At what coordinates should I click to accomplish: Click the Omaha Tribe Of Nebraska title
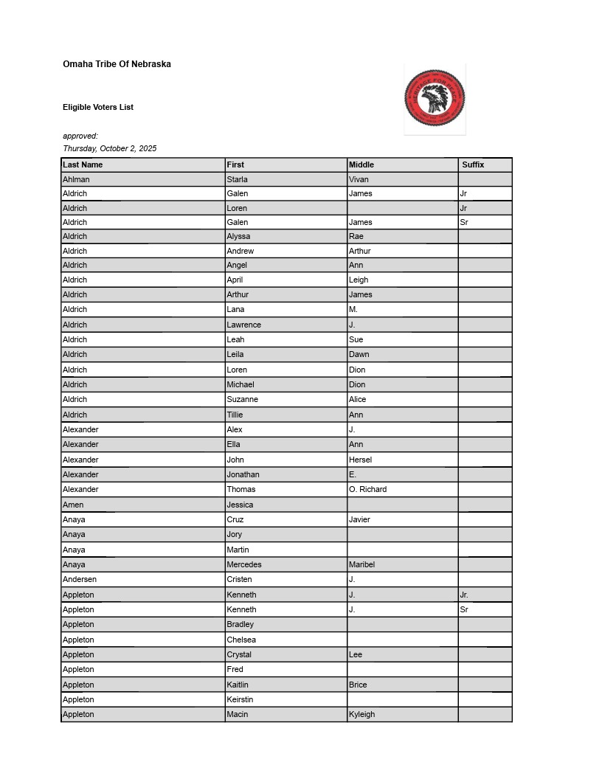[117, 64]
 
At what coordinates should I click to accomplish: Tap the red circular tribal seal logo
[435, 98]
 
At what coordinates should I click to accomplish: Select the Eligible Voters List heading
[98, 107]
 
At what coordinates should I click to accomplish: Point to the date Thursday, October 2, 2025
[110, 148]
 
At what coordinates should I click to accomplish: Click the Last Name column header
[83, 165]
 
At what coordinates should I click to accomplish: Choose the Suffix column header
[473, 165]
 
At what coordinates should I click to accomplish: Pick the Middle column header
[361, 165]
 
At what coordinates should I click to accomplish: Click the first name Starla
[237, 179]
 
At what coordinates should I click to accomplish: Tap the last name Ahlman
[76, 179]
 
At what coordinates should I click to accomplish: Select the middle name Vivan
[359, 179]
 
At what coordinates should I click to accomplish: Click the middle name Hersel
[361, 460]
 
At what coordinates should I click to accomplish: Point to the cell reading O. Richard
[367, 489]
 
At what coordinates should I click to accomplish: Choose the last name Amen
[73, 505]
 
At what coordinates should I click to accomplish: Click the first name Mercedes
[243, 564]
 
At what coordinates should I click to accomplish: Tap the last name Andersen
[80, 579]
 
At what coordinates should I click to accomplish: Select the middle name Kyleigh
[361, 714]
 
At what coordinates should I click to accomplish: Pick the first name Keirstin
[240, 699]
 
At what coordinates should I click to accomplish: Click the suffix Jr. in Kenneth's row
[464, 595]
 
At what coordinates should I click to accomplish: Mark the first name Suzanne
[242, 399]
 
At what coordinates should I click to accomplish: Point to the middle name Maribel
[361, 564]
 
